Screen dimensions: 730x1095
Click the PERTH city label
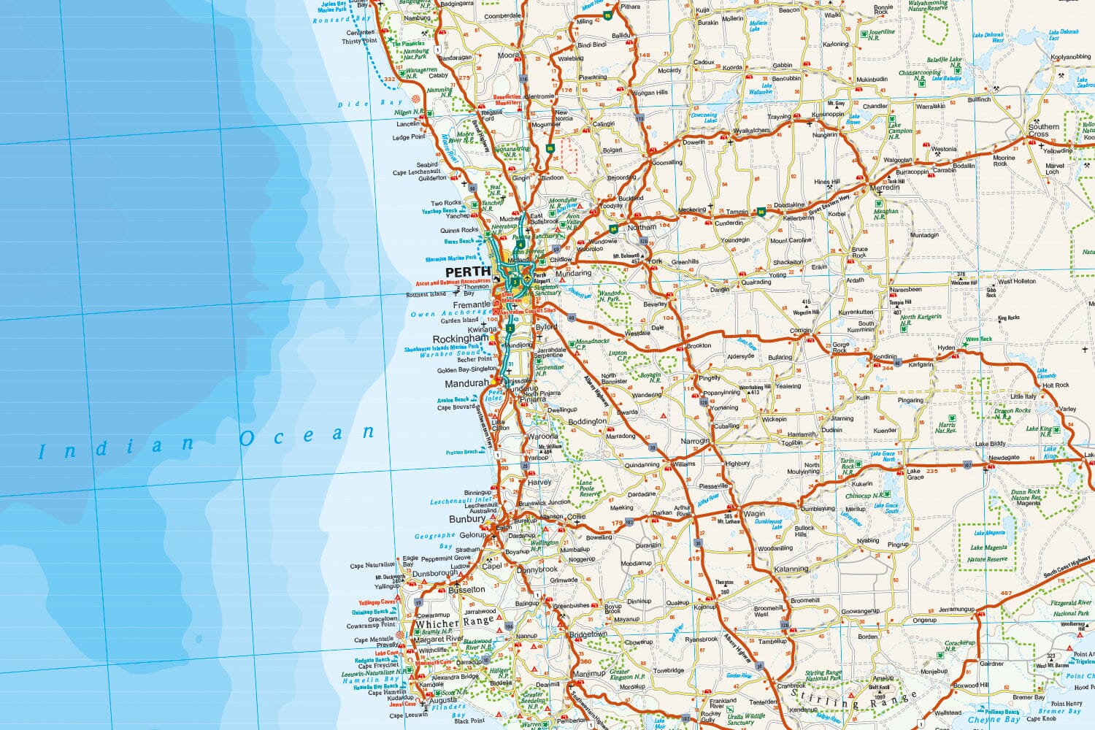[468, 272]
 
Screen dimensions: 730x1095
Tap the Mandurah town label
[466, 383]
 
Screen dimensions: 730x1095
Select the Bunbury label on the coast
[467, 519]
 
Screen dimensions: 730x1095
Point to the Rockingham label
[461, 339]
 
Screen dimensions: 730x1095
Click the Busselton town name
[467, 589]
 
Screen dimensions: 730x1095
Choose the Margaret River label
[439, 639]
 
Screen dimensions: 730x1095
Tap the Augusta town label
[443, 700]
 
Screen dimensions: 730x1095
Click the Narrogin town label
[695, 441]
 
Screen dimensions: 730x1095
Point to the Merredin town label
[885, 188]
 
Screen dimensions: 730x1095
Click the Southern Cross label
[1043, 130]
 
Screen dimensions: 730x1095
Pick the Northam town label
[642, 228]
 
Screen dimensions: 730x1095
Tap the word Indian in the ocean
[117, 447]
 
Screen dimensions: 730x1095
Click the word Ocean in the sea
[307, 436]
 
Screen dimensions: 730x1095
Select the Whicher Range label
[454, 623]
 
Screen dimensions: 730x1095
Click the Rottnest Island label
[426, 294]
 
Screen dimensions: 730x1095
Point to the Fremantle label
[472, 304]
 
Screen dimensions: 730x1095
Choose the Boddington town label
[587, 421]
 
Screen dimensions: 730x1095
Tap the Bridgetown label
[588, 634]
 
